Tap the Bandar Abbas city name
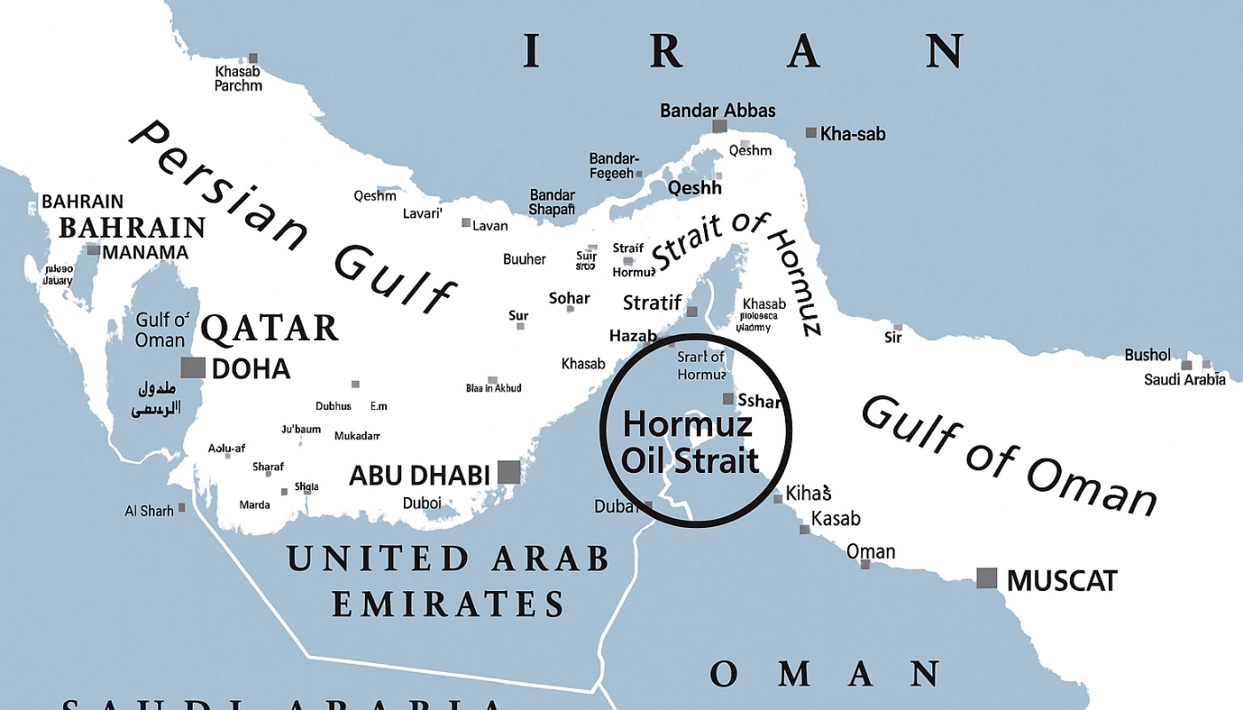coord(717,111)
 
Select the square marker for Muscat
coord(986,578)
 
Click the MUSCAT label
coord(1061,581)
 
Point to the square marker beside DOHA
coord(193,367)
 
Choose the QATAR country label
coord(269,328)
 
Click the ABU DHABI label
coord(419,475)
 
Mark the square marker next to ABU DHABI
coord(509,472)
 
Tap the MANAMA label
coord(145,252)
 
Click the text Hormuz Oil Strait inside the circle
coord(690,442)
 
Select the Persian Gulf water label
coord(293,217)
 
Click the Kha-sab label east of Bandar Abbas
coord(852,134)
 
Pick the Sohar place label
coord(569,298)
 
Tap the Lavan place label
coord(490,225)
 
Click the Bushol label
coord(1147,355)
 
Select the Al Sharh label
coord(149,510)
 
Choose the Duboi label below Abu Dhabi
coord(422,503)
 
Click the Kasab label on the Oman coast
coord(835,518)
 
